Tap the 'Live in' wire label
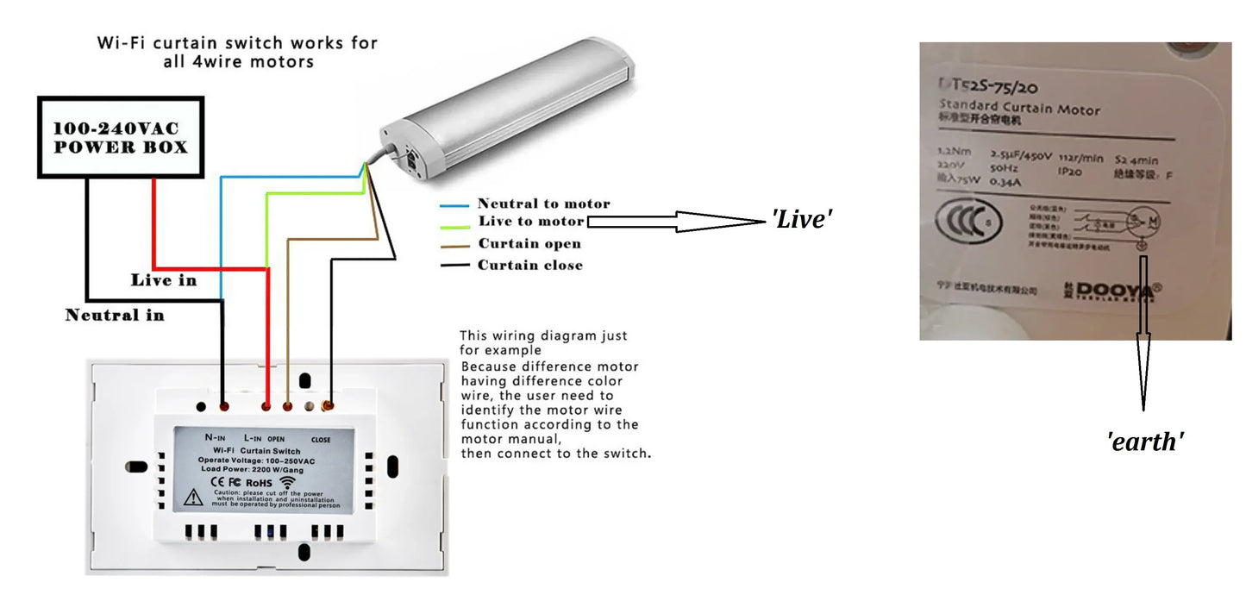(163, 280)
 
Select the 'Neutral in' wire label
(115, 315)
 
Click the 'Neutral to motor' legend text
(543, 204)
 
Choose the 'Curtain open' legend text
(530, 243)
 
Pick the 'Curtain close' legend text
(530, 265)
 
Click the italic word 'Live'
(801, 220)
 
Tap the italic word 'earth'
(1144, 442)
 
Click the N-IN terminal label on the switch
(216, 438)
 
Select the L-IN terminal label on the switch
(253, 438)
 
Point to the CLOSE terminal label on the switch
(320, 440)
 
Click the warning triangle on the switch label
(193, 497)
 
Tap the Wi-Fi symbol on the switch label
(287, 482)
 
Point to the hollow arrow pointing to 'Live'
(673, 222)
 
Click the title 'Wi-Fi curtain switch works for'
(237, 42)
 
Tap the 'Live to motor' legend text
(531, 222)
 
